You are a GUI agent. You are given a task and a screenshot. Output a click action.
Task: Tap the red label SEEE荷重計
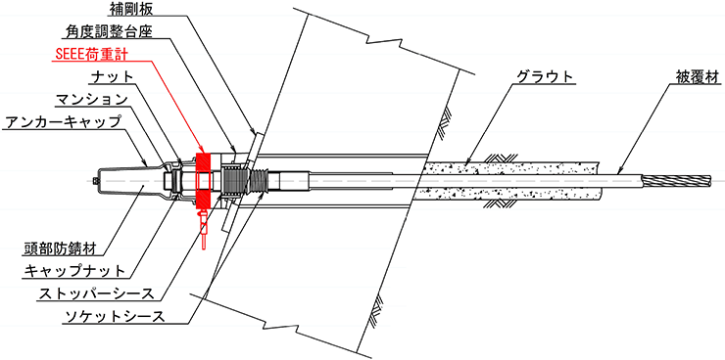(x=90, y=54)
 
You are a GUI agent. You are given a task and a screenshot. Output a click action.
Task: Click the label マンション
(x=91, y=99)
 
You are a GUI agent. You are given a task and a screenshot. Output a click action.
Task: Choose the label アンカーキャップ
(x=61, y=122)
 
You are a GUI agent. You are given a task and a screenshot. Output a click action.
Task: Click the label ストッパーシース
(x=96, y=294)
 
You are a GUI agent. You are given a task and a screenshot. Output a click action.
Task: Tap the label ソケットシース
(x=114, y=317)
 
